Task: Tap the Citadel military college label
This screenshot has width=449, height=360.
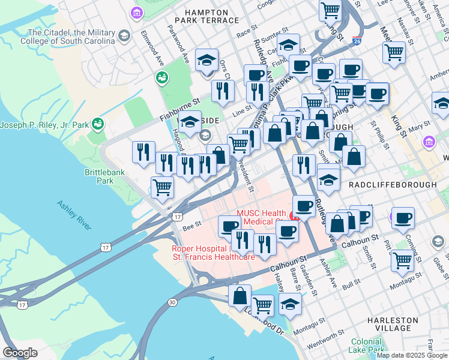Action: [x=67, y=37]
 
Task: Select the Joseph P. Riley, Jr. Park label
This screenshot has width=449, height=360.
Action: [x=44, y=125]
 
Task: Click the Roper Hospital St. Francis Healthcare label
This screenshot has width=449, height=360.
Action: [x=214, y=253]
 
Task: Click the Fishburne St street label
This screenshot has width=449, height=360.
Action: [x=179, y=110]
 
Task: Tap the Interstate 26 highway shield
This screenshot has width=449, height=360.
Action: [x=357, y=40]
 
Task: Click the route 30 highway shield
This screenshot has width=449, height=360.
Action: [x=173, y=302]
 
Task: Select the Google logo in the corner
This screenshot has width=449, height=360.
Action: [x=20, y=353]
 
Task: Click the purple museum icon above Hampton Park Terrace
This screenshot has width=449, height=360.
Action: [x=137, y=12]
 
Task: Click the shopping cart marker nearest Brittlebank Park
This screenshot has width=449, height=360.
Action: [x=162, y=187]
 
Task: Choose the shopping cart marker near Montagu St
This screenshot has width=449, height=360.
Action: [x=402, y=260]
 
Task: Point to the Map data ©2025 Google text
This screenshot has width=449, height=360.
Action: [x=411, y=355]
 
